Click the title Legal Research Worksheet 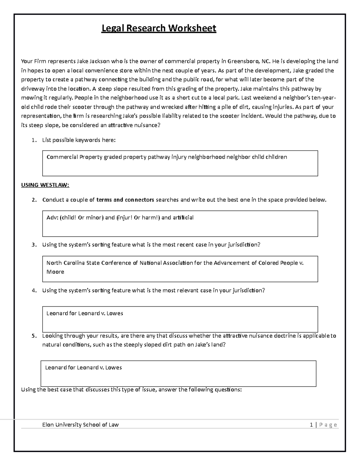[x=159, y=28]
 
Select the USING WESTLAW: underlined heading [x=45, y=185]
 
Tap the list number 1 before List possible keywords [x=34, y=140]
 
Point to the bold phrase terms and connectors [x=125, y=200]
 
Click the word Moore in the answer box [x=55, y=272]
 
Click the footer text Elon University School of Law [x=80, y=425]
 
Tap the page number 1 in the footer [x=311, y=425]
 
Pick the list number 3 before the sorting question [x=34, y=245]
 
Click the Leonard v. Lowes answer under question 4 [x=85, y=313]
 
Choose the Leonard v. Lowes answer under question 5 [x=83, y=368]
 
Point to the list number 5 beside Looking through [x=34, y=336]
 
